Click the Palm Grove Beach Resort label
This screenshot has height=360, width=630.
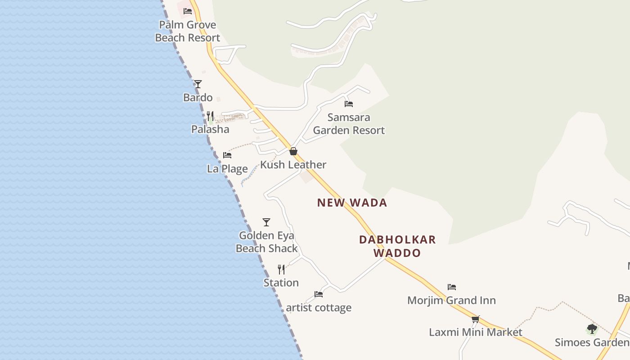tap(188, 31)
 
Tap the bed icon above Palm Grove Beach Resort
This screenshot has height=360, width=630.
tap(188, 11)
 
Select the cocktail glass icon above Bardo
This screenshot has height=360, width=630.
tap(198, 84)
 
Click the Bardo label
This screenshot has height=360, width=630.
tap(198, 97)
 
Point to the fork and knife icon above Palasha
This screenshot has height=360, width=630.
tap(210, 116)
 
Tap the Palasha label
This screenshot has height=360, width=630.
tap(210, 129)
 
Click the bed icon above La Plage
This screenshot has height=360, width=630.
tap(227, 155)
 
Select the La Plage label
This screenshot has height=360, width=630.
tap(227, 169)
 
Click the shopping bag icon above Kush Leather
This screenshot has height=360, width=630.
tap(293, 151)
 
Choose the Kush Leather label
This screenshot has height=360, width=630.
tap(293, 165)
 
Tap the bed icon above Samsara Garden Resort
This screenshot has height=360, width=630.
tap(349, 104)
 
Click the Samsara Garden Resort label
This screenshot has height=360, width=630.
tap(349, 124)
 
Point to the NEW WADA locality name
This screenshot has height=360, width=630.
tap(352, 202)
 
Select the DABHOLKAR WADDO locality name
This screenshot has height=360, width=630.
tap(397, 246)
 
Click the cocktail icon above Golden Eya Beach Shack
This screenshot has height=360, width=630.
tap(266, 222)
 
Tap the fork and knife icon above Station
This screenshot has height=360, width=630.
tap(281, 270)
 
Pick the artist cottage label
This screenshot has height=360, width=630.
tap(319, 308)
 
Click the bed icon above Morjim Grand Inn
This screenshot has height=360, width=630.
tap(452, 287)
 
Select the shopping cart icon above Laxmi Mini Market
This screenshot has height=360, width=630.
tap(476, 319)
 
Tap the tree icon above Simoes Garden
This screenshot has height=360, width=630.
tap(592, 329)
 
